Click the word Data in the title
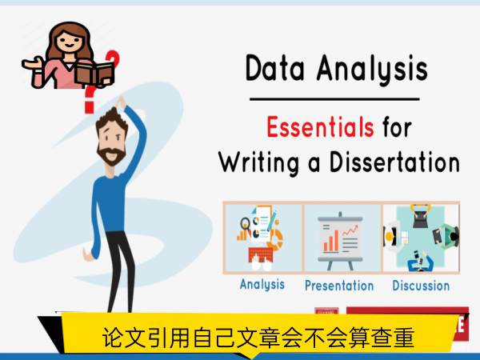(x=275, y=68)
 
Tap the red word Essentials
(x=320, y=126)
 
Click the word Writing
(x=259, y=163)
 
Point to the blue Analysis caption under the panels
(x=262, y=285)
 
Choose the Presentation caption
(x=339, y=286)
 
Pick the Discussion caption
(x=421, y=286)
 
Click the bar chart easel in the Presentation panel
(x=341, y=241)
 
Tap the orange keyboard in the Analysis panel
(x=261, y=254)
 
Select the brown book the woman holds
(x=95, y=74)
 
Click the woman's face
(x=70, y=42)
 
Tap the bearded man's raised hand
(x=121, y=102)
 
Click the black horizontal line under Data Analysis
(x=334, y=99)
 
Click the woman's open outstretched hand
(x=32, y=63)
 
